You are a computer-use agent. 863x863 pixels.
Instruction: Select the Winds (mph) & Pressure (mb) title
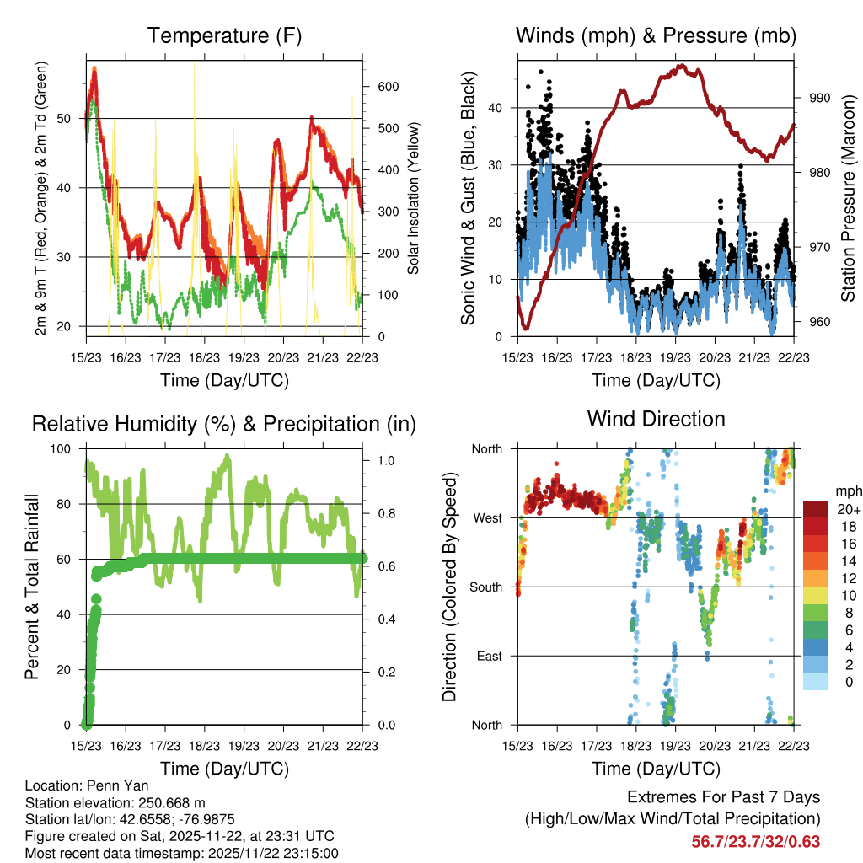click(x=656, y=35)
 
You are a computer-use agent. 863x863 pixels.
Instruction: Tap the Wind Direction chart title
click(x=656, y=419)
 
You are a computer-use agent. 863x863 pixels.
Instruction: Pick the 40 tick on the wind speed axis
click(x=497, y=108)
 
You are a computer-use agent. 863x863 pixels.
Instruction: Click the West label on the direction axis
click(x=486, y=517)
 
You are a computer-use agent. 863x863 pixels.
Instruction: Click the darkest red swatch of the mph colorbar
click(x=815, y=508)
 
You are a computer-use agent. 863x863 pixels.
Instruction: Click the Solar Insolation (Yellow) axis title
click(x=414, y=199)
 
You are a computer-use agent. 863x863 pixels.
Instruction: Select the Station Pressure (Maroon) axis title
click(x=847, y=199)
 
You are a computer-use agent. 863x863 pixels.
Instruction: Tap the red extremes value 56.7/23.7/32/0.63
click(x=755, y=842)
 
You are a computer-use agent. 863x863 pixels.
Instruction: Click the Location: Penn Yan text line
click(x=87, y=786)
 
